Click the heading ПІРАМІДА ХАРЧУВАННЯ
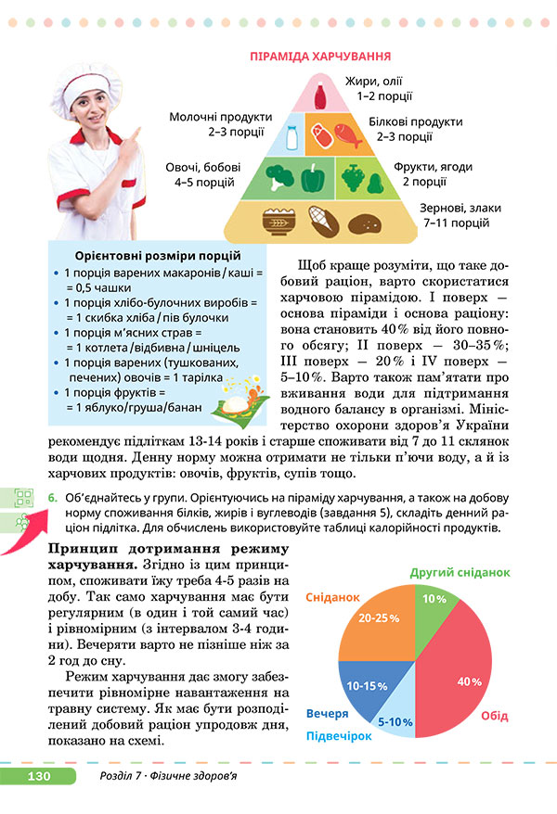[319, 57]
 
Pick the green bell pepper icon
[314, 175]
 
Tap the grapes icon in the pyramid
[353, 175]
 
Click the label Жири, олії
[374, 81]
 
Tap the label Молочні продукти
[221, 118]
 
